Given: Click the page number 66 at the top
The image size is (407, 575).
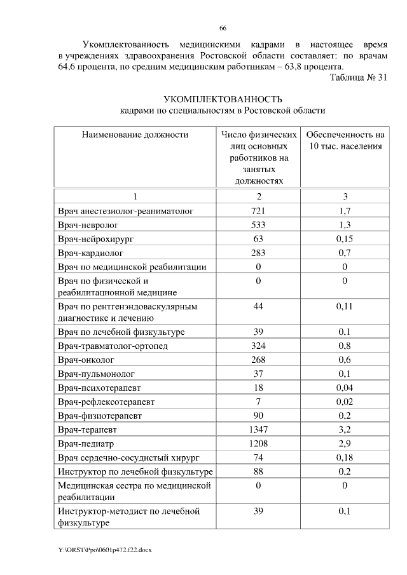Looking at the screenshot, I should point(223,28).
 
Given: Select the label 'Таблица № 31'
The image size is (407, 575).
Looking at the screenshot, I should point(359,78).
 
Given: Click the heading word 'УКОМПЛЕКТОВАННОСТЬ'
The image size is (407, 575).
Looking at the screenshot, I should point(223,99).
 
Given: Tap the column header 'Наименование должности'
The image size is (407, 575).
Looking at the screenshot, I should point(134,135).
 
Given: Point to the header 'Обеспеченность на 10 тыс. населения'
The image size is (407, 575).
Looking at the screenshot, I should point(345,140).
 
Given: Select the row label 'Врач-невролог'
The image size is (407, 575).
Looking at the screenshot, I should point(88,225).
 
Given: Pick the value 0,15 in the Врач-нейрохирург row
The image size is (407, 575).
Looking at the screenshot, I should point(345,239).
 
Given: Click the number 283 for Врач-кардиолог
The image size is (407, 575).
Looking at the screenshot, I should point(258,253).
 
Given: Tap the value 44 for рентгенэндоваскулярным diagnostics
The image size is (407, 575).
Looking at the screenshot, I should point(258,307).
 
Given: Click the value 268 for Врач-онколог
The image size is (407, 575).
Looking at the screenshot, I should point(258,360).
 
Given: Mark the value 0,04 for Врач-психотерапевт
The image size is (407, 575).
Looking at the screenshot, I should point(345,388).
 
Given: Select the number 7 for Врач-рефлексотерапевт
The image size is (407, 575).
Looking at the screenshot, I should point(258,402).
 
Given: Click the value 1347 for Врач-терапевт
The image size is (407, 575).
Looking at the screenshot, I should point(258,430).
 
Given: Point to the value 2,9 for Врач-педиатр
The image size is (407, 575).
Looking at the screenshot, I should point(345,444).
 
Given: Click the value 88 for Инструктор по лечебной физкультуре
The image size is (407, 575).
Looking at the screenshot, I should point(258,472).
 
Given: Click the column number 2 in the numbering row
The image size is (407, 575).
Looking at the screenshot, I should point(258,196).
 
